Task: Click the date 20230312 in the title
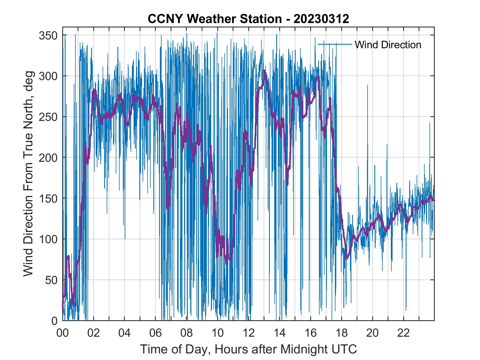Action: click(x=321, y=19)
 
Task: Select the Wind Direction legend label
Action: click(x=388, y=45)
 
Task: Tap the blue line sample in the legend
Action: click(x=335, y=44)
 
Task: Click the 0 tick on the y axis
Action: click(x=55, y=321)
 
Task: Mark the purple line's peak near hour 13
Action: click(x=264, y=70)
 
